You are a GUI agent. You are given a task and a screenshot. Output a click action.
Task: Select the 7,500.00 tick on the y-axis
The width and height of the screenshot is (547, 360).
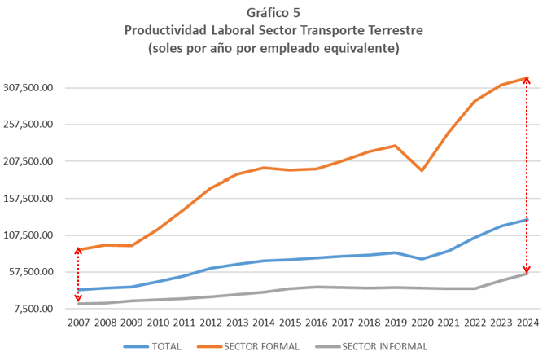coord(34,309)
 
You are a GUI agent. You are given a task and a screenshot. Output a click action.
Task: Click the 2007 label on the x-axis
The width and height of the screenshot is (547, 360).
coord(77,323)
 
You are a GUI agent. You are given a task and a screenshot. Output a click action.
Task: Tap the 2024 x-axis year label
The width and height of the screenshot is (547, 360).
coord(527,323)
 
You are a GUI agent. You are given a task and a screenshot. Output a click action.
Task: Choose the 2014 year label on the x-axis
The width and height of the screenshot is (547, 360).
coord(262,323)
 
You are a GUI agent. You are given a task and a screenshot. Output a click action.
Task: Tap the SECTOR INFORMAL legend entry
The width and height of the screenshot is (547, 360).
coord(384,347)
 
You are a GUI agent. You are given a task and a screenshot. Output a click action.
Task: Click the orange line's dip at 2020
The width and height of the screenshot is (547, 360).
coord(421,170)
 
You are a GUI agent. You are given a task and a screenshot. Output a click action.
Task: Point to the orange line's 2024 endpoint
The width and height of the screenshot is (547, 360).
coord(527,78)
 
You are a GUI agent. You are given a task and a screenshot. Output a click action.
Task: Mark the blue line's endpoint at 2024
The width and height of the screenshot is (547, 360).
coord(527,219)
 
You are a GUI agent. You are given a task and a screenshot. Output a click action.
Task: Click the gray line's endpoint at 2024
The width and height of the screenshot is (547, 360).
coord(527,273)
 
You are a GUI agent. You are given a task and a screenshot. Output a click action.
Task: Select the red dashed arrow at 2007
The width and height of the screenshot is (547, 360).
coord(78,276)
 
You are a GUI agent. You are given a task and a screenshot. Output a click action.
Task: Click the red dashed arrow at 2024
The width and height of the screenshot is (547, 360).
coord(527,175)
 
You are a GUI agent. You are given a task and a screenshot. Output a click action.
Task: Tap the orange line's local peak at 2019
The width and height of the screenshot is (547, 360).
coord(395,146)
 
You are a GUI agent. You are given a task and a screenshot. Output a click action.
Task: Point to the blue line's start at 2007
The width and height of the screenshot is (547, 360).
coord(78,290)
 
